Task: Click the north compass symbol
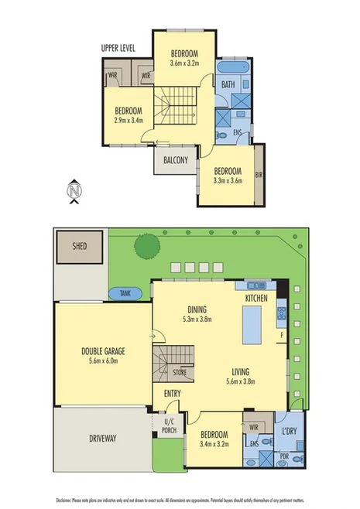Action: tap(74, 190)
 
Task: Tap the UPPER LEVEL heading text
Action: tap(118, 48)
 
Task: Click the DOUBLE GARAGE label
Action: tap(103, 351)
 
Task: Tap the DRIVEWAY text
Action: tap(101, 439)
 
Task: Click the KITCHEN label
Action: tap(256, 298)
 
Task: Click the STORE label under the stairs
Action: tap(180, 372)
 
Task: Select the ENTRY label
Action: tap(173, 394)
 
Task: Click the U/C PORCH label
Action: tap(170, 426)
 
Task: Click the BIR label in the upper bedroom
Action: tap(259, 176)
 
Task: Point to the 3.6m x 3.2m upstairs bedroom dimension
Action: tap(185, 63)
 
